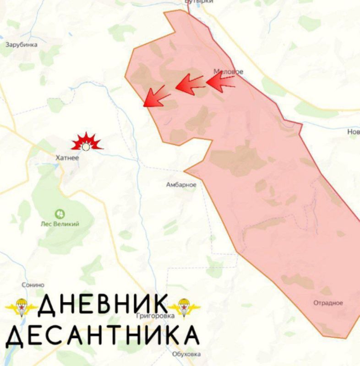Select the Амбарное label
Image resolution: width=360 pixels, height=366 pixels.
181,185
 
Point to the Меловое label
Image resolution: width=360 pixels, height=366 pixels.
229,72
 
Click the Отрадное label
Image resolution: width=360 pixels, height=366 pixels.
328,303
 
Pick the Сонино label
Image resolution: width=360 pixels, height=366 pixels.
33,285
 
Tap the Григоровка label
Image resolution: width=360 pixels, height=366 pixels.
156,316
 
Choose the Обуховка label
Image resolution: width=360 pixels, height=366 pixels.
187,354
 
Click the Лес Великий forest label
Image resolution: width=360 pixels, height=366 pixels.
60,224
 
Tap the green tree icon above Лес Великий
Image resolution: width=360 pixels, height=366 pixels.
60,214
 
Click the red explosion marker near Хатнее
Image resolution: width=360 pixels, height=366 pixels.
86,143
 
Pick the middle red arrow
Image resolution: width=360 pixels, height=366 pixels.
190,85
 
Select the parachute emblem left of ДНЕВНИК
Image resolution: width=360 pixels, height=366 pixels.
20,307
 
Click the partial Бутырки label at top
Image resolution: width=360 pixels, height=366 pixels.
199,2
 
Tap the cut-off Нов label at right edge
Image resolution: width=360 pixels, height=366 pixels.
354,132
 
